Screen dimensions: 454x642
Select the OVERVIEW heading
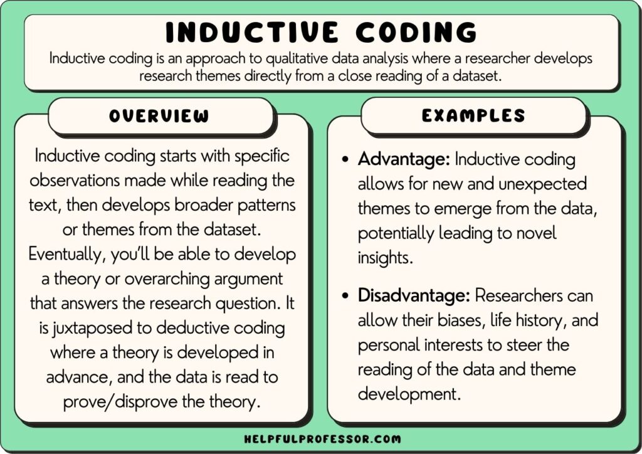pyautogui.click(x=159, y=116)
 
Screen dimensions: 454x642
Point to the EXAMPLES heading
pyautogui.click(x=473, y=115)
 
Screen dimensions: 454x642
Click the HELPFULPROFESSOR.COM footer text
pyautogui.click(x=321, y=439)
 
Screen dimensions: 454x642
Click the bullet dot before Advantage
pyautogui.click(x=345, y=160)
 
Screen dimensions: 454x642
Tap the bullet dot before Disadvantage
pyautogui.click(x=345, y=295)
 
